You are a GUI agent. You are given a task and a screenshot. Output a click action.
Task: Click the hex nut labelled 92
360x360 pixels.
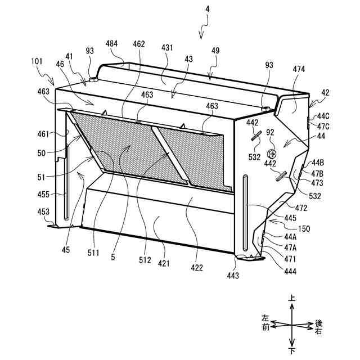[272, 154]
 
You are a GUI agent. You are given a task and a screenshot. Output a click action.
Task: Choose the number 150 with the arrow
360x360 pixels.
[304, 228]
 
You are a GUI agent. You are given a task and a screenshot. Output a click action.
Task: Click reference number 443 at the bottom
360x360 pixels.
[232, 276]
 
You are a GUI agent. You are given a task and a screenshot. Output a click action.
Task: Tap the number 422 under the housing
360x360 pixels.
[197, 268]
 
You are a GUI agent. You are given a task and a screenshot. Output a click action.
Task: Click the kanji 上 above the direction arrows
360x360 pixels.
[291, 301]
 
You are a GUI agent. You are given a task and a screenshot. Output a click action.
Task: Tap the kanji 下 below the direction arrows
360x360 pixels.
[291, 352]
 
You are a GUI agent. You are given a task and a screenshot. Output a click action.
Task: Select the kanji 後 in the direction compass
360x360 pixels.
[318, 323]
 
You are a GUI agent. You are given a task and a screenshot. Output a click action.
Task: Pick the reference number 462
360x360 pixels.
[139, 43]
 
